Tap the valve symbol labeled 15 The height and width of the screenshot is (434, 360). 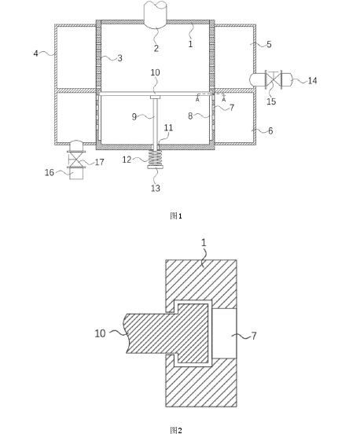(x=274, y=79)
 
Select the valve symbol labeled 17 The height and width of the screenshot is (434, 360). (x=75, y=159)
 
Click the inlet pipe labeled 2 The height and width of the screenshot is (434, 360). (x=156, y=14)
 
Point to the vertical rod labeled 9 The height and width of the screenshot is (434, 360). (x=156, y=121)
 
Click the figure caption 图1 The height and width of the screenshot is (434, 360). (x=176, y=216)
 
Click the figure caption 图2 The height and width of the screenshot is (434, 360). (x=176, y=430)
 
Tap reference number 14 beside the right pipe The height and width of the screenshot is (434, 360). (x=312, y=80)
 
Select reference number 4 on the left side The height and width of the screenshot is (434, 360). (x=35, y=53)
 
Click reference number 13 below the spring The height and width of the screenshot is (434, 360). (x=156, y=188)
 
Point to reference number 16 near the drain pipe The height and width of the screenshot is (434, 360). (x=50, y=172)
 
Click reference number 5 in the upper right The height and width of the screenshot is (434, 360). (x=269, y=44)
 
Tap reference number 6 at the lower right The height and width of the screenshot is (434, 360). (x=270, y=131)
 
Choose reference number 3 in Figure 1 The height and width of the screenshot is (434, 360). (x=119, y=58)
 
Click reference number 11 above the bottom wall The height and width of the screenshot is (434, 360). (x=168, y=127)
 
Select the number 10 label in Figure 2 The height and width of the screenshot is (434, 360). (x=100, y=333)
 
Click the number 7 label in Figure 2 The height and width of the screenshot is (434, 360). (x=254, y=336)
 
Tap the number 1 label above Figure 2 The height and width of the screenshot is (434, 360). (x=204, y=243)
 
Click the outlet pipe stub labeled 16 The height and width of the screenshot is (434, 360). (x=76, y=174)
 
